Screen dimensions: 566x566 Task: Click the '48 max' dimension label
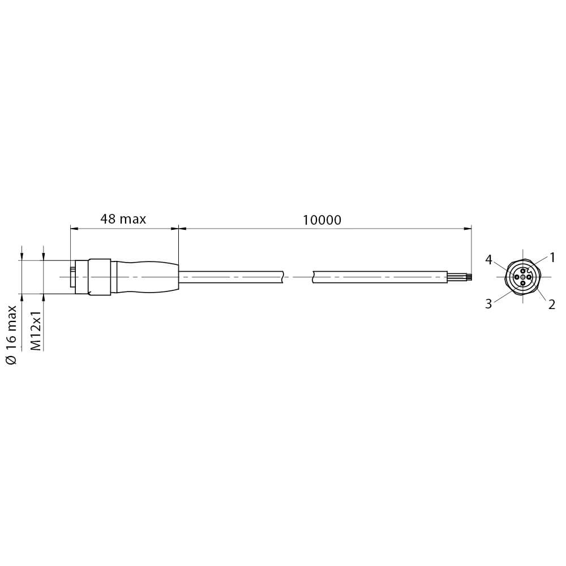coord(123,219)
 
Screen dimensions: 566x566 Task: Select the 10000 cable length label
coord(321,220)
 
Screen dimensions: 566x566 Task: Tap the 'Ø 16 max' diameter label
coord(11,335)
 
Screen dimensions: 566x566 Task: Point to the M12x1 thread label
coord(36,330)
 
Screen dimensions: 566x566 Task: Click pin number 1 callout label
coord(552,258)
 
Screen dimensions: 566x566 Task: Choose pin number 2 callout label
coord(551,305)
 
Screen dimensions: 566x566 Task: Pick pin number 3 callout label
coord(488,304)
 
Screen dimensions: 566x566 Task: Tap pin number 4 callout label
coord(489,260)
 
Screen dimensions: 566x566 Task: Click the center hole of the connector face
coord(522,277)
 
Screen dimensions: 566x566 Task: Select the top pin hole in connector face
coord(522,271)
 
